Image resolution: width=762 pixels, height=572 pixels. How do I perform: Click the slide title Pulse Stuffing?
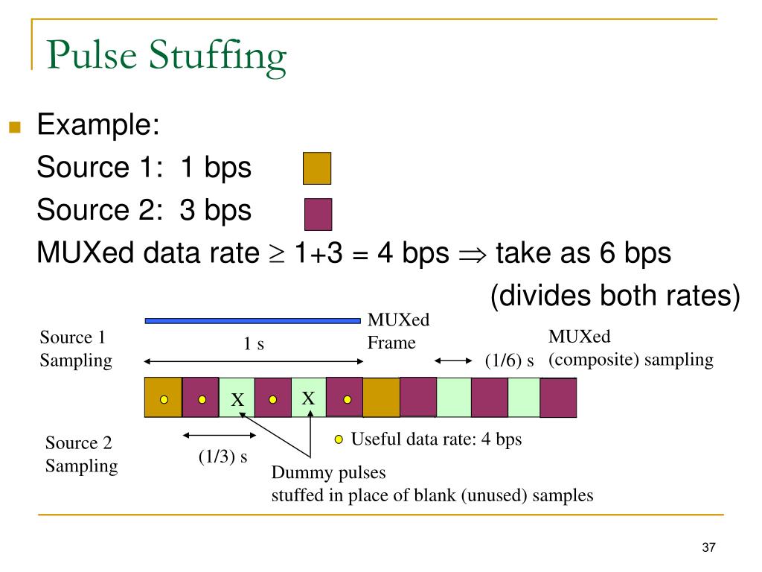[x=166, y=57]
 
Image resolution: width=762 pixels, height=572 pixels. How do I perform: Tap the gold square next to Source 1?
[x=317, y=168]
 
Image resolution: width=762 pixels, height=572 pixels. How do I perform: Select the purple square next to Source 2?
[x=318, y=214]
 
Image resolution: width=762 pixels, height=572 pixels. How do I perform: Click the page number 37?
[x=708, y=548]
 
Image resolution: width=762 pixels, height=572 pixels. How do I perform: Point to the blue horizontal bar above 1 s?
[x=252, y=321]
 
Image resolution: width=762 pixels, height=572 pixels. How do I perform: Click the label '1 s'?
[x=254, y=344]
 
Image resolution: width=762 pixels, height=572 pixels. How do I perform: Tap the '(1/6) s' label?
[x=510, y=361]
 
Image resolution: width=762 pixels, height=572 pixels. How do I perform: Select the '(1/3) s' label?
[x=222, y=457]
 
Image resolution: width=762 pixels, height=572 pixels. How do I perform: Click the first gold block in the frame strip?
[x=163, y=398]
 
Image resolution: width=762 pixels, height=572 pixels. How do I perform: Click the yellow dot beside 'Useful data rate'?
[x=339, y=439]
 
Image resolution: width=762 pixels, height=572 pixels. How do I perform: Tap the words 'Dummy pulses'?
[x=329, y=474]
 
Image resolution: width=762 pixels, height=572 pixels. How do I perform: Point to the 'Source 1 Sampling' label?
[x=75, y=349]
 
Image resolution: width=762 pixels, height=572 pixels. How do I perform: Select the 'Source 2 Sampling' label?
[x=81, y=454]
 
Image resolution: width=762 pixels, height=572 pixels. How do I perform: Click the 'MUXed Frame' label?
[x=399, y=331]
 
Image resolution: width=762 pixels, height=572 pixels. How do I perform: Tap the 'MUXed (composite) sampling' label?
[x=631, y=349]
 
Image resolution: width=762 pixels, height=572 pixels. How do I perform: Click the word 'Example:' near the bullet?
[x=98, y=124]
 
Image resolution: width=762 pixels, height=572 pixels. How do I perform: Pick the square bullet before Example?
[x=13, y=127]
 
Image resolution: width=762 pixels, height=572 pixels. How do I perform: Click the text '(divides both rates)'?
[x=615, y=296]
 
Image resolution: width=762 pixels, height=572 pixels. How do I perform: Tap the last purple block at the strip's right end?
[x=558, y=398]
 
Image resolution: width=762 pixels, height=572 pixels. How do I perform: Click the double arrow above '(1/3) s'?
[x=211, y=435]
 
